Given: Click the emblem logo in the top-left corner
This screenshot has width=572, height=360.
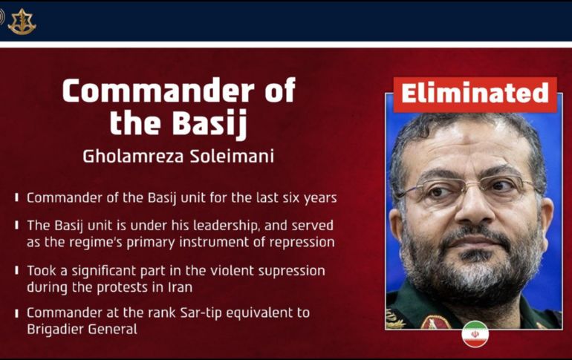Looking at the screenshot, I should coord(22,21).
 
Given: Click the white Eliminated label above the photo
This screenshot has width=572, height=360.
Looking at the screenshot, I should coord(475,94).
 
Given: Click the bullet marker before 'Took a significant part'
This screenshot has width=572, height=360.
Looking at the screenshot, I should coord(17,271).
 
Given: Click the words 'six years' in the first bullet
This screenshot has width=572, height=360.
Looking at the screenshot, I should coord(311,198).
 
